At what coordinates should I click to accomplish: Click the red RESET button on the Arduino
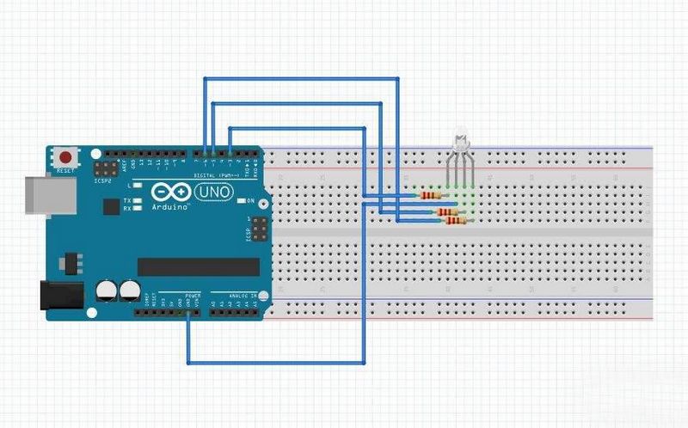(x=65, y=158)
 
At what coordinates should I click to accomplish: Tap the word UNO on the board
(x=211, y=192)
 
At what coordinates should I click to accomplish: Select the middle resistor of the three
(x=445, y=211)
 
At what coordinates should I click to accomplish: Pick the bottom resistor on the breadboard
(x=455, y=221)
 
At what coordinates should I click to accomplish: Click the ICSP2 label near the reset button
(x=102, y=181)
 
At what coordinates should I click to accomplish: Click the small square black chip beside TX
(x=111, y=207)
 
